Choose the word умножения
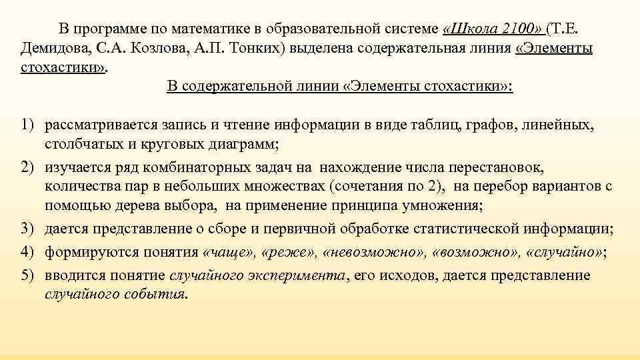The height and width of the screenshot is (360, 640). [x=454, y=207]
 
